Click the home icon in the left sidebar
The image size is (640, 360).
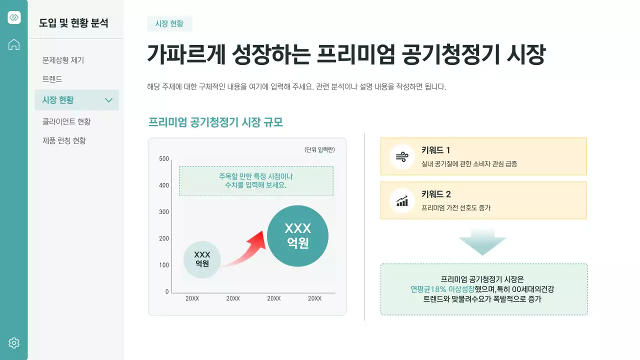(14, 44)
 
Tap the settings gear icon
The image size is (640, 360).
(14, 343)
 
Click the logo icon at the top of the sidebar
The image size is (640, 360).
(14, 17)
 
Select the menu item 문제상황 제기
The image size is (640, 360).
(63, 60)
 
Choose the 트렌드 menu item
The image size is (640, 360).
(52, 79)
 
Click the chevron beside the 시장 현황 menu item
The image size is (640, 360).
(109, 100)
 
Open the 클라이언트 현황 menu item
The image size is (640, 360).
(66, 121)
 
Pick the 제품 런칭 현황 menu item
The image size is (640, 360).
(64, 140)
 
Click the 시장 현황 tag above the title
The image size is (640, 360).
(169, 23)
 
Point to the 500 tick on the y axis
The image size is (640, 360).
(164, 159)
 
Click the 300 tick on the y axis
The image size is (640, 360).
(164, 212)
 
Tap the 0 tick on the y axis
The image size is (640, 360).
(167, 291)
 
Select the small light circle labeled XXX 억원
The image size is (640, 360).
(202, 259)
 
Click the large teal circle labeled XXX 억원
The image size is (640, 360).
(297, 235)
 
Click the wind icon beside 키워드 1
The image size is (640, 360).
(402, 156)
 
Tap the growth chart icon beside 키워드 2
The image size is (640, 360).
(402, 200)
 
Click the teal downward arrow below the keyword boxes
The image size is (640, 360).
(483, 242)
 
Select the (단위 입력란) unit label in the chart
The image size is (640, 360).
(319, 150)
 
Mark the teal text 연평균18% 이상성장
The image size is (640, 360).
(442, 289)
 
